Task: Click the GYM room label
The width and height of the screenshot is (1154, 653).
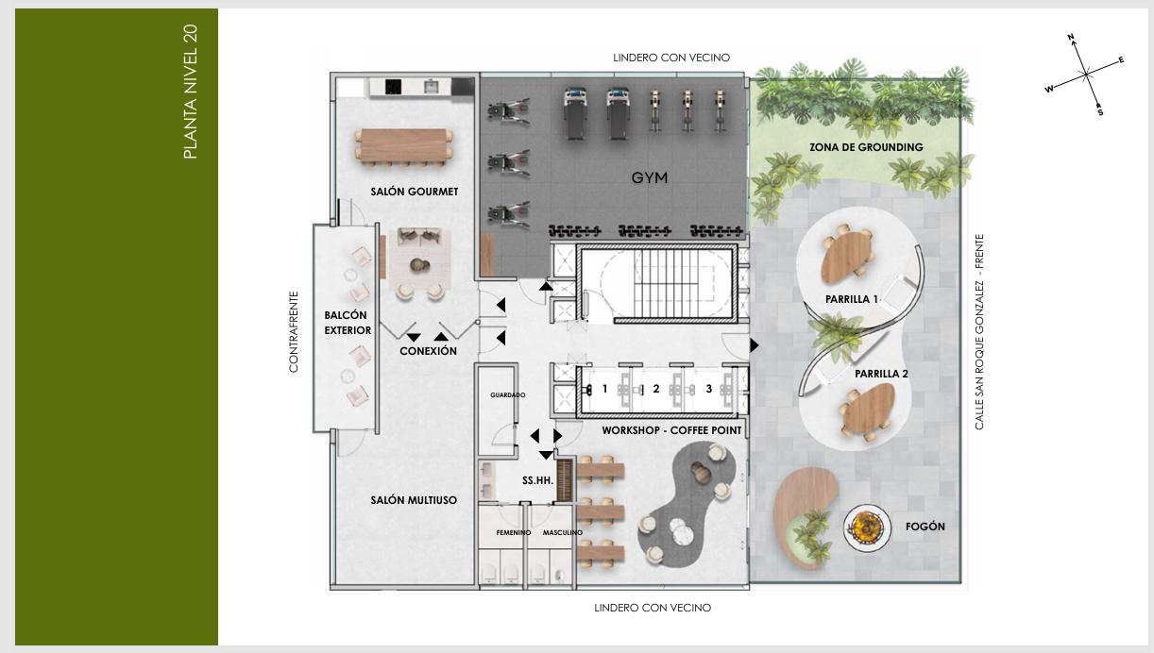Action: point(649,177)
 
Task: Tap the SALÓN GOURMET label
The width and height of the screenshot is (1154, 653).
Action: point(415,192)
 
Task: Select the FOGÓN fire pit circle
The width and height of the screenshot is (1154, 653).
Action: point(867,527)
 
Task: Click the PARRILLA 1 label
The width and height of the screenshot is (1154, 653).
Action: point(852,299)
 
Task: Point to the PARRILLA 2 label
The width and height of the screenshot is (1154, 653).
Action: point(881,374)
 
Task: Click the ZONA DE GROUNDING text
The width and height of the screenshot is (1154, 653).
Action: point(866,147)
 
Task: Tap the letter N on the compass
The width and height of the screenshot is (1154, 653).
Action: point(1071,37)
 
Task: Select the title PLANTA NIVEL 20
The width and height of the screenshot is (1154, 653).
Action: point(190,92)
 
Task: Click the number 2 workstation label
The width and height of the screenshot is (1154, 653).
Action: point(655,389)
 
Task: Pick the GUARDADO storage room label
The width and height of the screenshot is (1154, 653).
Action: point(508,395)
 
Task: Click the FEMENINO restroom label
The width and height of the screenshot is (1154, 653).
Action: point(513,532)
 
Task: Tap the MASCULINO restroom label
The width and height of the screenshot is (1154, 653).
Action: point(563,532)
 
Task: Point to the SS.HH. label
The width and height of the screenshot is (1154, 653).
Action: point(538,480)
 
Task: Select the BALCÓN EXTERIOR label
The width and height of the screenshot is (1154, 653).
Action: point(348,323)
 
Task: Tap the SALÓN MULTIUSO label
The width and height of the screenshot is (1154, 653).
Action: point(414,500)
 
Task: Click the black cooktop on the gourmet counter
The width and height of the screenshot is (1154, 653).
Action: point(393,87)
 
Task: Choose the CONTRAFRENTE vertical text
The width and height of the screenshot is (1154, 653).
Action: point(294,332)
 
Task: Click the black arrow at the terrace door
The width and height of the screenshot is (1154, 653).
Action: point(754,345)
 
